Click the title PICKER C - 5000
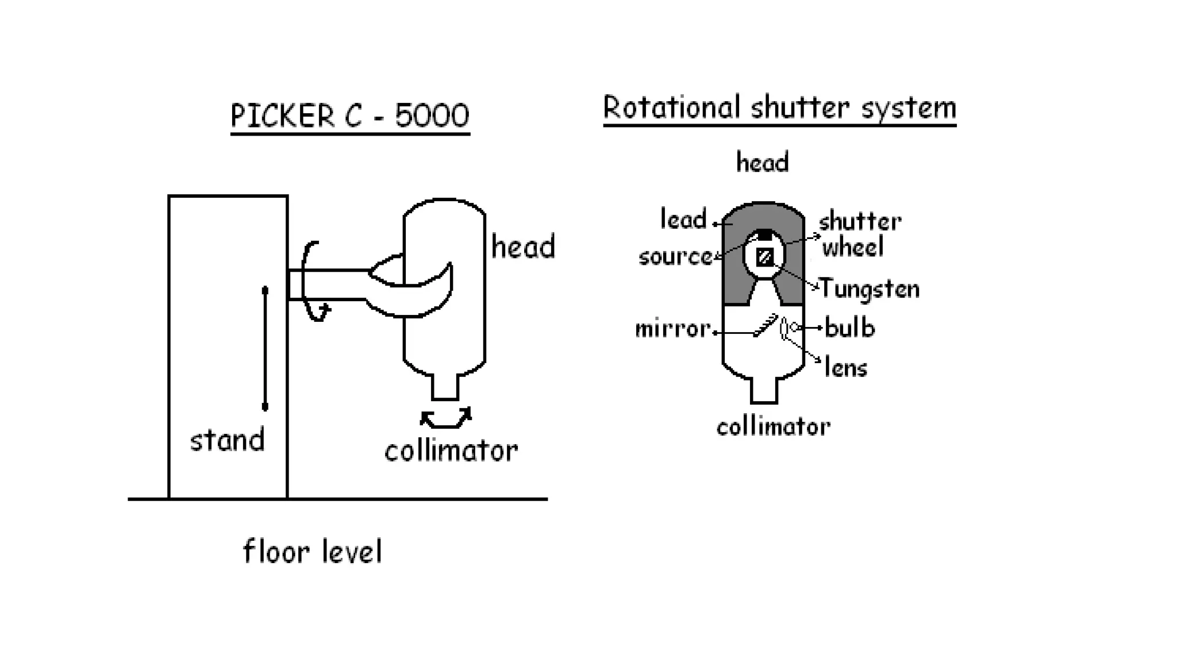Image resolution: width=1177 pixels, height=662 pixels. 350,116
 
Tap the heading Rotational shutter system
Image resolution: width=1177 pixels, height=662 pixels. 779,109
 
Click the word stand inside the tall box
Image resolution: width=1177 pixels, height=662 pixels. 227,441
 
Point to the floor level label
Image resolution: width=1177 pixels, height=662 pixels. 313,552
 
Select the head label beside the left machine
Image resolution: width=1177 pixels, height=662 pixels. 523,247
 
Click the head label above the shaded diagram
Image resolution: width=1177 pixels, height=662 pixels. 762,163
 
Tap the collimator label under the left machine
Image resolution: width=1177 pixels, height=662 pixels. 451,451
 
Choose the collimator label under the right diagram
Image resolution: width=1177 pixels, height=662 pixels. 773,427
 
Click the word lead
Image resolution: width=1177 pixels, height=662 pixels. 683,220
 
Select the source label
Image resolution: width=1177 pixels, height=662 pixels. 675,257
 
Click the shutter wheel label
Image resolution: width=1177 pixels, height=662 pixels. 859,234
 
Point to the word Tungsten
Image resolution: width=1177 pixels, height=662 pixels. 869,288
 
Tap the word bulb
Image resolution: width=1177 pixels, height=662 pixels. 849,328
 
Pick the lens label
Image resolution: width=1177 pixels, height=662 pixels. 845,367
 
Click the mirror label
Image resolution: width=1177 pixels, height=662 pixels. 672,329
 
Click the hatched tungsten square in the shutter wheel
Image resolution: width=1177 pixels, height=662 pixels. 764,256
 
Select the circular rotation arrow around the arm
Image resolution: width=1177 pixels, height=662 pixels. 314,282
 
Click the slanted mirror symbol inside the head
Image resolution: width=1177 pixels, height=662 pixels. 766,326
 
